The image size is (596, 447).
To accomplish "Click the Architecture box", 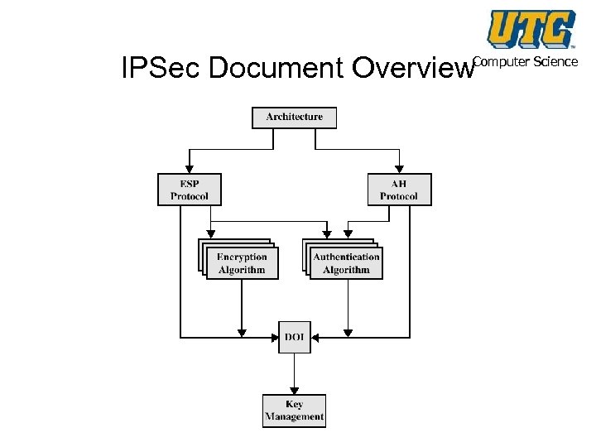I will (x=294, y=118).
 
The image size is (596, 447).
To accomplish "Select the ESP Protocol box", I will (x=190, y=189).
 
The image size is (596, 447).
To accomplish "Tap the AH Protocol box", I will (x=399, y=189).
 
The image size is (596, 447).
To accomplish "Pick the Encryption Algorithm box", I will (x=242, y=263).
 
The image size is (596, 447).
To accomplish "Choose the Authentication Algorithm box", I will (x=346, y=263).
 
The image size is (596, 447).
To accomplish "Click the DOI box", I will (x=294, y=337).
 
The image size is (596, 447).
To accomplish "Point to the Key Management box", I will (x=294, y=411).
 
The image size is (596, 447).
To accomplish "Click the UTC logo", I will (x=531, y=29).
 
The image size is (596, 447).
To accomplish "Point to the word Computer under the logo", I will (x=502, y=62).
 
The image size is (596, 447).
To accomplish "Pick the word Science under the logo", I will (x=556, y=62).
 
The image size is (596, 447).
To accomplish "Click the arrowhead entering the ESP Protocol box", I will (x=190, y=168).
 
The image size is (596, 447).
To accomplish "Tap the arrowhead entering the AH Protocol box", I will (x=399, y=168).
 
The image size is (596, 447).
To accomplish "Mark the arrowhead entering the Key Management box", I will (x=294, y=390).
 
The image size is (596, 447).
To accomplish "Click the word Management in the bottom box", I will (x=294, y=417).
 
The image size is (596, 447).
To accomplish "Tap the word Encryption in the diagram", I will (x=242, y=257).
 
